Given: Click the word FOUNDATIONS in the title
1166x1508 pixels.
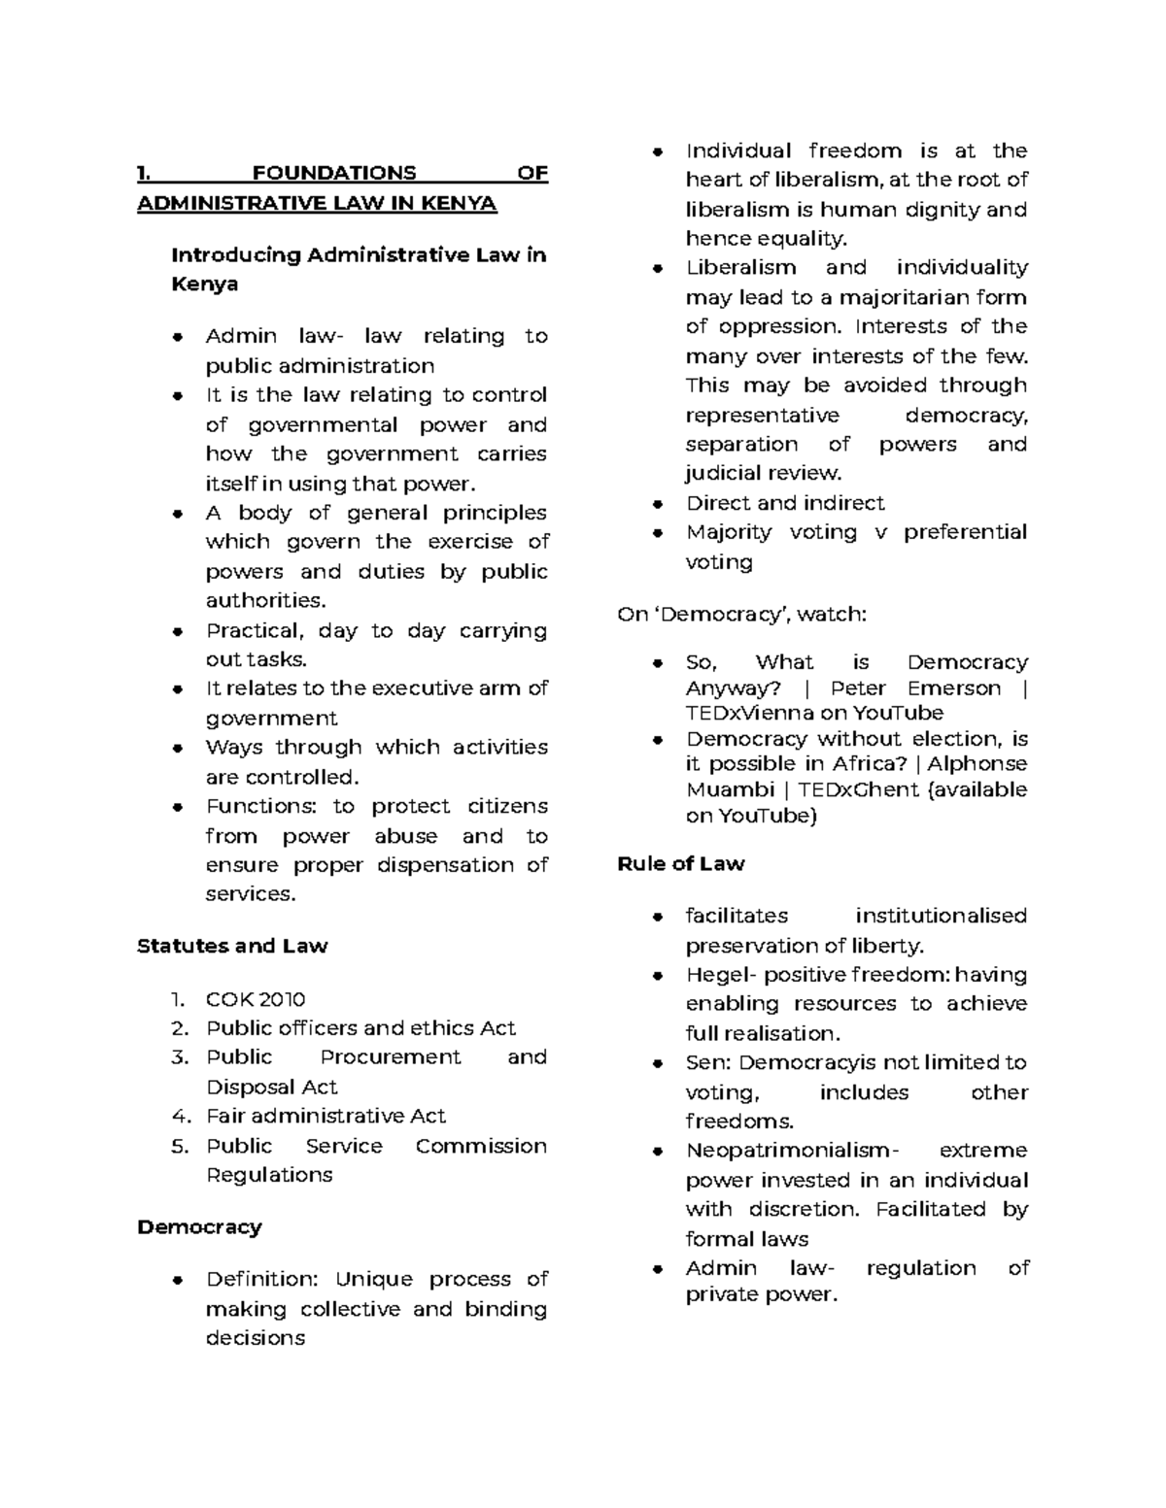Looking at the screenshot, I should [x=333, y=174].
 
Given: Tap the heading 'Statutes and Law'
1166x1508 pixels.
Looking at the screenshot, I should [x=232, y=946].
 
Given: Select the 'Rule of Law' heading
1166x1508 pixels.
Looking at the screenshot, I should [x=680, y=863].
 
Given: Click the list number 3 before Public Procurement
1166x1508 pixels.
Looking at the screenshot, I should [x=179, y=1057].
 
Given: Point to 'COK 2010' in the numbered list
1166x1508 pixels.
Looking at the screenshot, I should [x=255, y=999].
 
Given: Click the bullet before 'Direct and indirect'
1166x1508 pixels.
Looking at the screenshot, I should [x=658, y=504].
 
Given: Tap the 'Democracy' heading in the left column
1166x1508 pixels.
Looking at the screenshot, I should [x=199, y=1226].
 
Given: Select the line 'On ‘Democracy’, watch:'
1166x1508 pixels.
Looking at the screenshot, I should [x=741, y=615].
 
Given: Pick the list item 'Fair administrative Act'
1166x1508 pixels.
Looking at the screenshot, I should [x=326, y=1116].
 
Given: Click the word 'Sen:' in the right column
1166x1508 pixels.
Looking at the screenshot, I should [x=707, y=1062].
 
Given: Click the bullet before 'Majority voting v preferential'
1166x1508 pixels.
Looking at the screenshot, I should [x=658, y=533].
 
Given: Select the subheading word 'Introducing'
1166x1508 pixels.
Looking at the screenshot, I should [x=235, y=255].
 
